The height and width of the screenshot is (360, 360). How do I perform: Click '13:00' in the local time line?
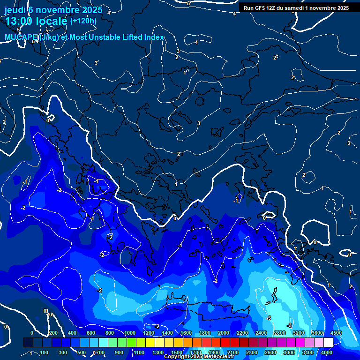point(18,21)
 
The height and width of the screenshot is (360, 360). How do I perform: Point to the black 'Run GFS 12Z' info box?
point(296,8)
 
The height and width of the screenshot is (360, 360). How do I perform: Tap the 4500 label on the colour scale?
point(336,333)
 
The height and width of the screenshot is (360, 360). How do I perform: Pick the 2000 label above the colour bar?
point(224,333)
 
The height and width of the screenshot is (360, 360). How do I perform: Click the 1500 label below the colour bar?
point(177,352)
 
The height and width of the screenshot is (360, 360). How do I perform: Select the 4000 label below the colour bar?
point(327,352)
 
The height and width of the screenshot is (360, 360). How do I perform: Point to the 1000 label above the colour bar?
point(129,333)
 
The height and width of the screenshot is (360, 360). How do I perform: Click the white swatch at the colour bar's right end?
point(328,343)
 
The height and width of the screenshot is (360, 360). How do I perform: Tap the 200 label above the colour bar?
point(53,333)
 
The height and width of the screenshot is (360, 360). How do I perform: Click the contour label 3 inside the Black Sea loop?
point(199,124)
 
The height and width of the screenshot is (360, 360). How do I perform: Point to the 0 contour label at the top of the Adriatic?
point(48,120)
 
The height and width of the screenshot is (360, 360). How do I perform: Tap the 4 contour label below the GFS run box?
point(234,14)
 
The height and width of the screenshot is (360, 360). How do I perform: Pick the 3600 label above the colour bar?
point(317,333)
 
